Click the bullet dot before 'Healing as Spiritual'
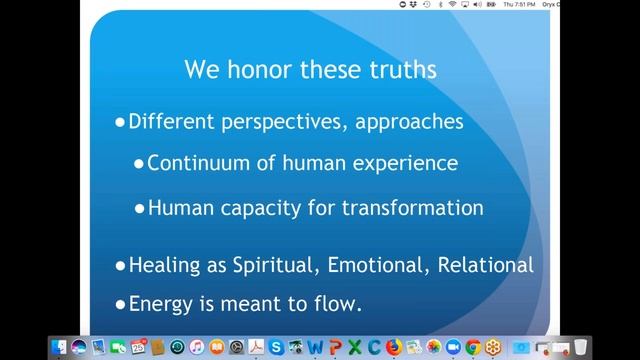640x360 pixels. (x=120, y=267)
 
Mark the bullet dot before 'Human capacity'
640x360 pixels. (x=139, y=209)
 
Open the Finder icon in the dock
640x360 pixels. (x=60, y=347)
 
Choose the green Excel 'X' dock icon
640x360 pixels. (x=353, y=347)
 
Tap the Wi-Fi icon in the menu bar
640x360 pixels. (x=451, y=4)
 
